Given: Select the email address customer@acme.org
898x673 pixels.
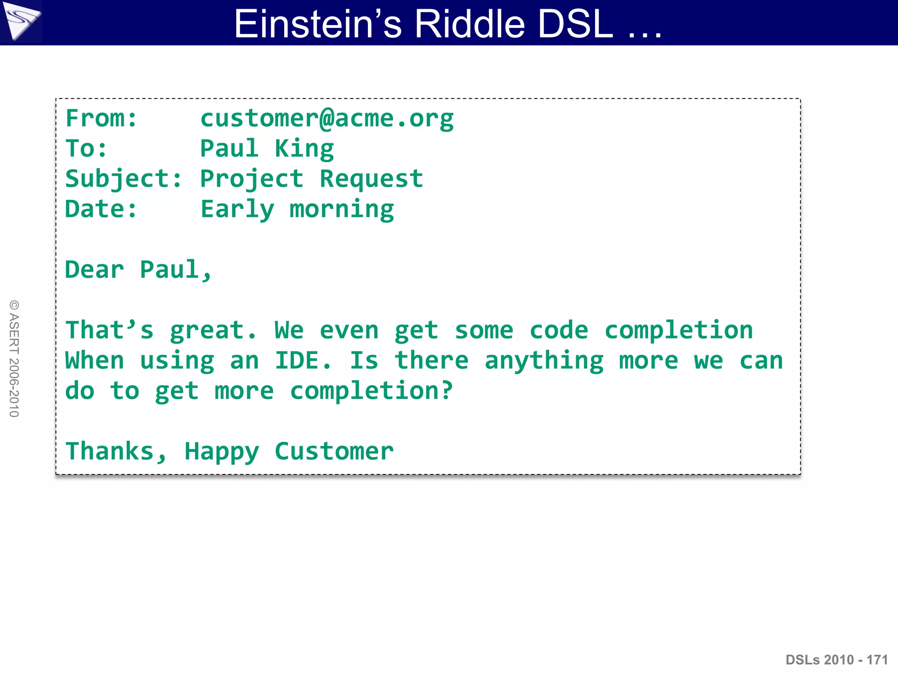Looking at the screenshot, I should [327, 118].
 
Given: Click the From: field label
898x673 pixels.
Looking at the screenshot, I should [101, 118].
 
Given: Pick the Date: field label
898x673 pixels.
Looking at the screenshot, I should [101, 209].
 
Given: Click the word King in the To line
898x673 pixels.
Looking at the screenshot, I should [304, 149].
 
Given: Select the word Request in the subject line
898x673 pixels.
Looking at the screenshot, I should [371, 179].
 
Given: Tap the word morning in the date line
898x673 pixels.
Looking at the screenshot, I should [342, 209].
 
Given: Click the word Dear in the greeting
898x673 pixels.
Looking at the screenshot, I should [94, 269].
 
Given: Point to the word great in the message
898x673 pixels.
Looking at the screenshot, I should [213, 330].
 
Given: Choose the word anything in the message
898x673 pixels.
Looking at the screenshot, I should [544, 361].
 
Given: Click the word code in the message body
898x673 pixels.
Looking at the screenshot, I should [559, 330].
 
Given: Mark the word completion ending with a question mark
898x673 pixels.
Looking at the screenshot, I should [371, 391].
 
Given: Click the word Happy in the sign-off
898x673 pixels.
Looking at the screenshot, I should [222, 451].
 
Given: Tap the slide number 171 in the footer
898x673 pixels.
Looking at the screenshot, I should [877, 659].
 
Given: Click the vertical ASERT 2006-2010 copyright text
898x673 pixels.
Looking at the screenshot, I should [14, 358].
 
